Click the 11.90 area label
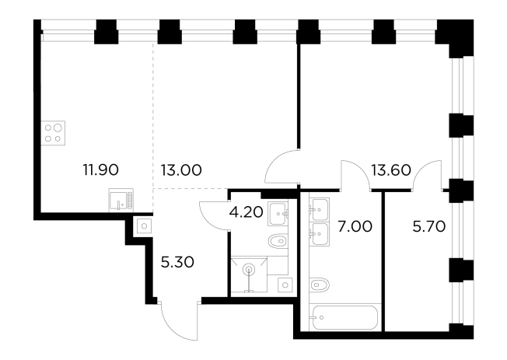pos(101,170)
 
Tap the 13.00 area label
pos(181,170)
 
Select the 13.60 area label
pos(391,170)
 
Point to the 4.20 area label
pos(246,212)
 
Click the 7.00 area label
pos(355,226)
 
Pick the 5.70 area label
pos(429,226)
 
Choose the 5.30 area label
pos(177,262)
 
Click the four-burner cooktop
pos(53,133)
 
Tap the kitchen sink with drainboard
pos(121,200)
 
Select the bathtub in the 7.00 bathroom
pos(344,317)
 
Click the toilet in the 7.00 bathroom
pos(320,285)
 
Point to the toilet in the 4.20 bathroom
pos(278,241)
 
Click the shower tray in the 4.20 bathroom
pos(249,274)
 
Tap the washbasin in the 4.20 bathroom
pos(278,214)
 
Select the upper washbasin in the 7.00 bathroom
pos(319,209)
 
